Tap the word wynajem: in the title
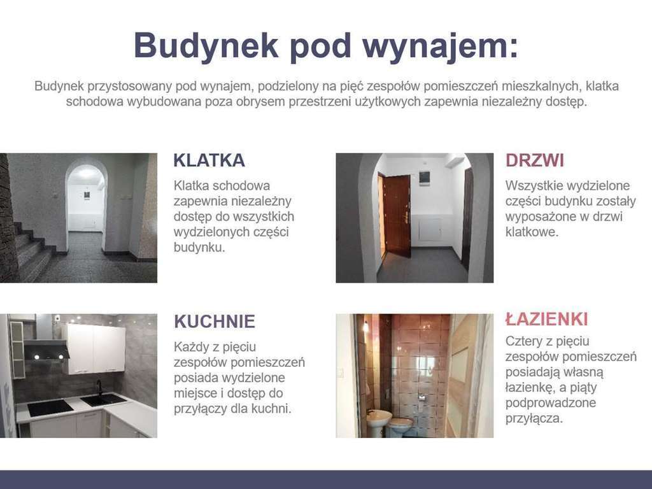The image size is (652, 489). [x=440, y=46]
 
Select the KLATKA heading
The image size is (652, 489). [x=209, y=160]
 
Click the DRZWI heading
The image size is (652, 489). [x=535, y=160]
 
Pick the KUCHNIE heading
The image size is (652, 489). [x=215, y=322]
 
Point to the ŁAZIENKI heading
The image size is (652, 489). [x=546, y=319]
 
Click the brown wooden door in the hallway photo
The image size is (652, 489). [x=397, y=215]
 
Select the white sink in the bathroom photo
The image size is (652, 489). [x=379, y=419]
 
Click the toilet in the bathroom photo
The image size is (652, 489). [x=401, y=425]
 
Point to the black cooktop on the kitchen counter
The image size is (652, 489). [x=50, y=407]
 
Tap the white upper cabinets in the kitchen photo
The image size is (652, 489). [x=94, y=348]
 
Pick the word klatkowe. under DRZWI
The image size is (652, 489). [x=532, y=232]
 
